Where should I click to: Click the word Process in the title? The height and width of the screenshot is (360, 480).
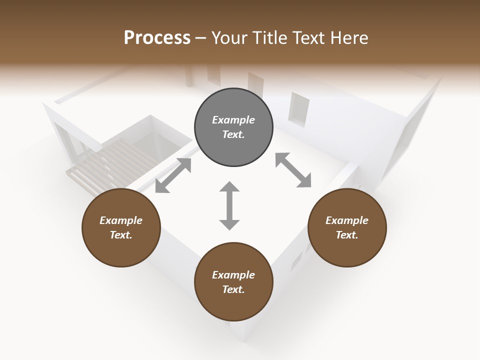[157, 38]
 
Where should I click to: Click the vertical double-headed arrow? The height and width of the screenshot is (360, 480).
[229, 206]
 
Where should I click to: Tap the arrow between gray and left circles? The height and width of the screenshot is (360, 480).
[173, 175]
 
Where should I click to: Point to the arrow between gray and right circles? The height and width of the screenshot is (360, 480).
[293, 170]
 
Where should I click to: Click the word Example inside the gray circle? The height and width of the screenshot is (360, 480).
[233, 120]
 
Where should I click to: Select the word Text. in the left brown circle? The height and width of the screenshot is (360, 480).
[121, 235]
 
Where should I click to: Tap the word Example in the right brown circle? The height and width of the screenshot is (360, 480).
[347, 220]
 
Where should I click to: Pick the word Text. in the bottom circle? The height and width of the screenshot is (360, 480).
[233, 289]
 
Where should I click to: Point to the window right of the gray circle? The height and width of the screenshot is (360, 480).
[298, 108]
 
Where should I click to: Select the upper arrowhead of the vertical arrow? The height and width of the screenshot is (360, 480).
[229, 187]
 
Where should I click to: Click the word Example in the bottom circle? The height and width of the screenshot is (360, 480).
[233, 275]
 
